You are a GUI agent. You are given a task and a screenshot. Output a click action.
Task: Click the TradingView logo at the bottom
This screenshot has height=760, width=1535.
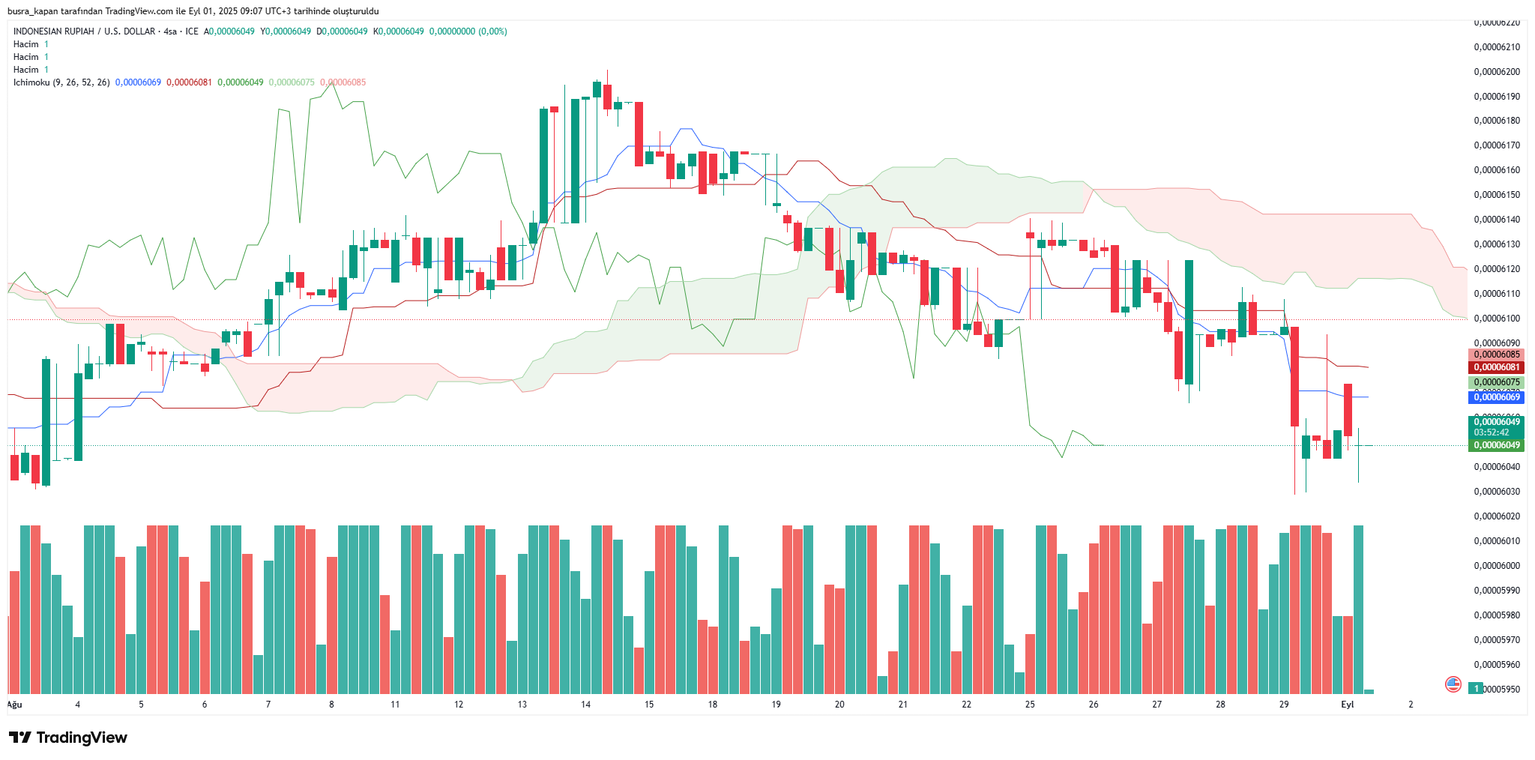point(68,738)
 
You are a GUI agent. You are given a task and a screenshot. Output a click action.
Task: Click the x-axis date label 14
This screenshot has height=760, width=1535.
point(585,705)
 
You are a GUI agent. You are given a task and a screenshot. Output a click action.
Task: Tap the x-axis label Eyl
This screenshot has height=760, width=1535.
point(1347,705)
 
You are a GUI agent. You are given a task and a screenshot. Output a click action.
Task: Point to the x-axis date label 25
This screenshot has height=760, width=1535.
point(1030,705)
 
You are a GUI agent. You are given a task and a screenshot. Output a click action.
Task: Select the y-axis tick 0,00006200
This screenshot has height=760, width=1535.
point(1497,72)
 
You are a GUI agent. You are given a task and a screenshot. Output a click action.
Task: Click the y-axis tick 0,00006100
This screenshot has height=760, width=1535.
point(1497,319)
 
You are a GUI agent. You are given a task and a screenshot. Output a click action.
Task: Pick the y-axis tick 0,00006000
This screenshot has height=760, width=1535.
point(1497,566)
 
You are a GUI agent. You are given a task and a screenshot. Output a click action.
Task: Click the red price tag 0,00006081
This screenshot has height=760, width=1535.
point(1496,367)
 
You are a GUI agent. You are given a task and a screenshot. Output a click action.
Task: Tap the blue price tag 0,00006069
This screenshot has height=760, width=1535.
point(1496,397)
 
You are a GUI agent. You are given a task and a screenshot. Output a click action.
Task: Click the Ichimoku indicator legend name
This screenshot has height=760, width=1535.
point(31,82)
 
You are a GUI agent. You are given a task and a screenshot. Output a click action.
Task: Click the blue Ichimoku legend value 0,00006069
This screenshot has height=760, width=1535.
point(138,82)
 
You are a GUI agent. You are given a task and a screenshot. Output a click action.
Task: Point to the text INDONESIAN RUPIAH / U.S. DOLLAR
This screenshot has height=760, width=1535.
point(84,31)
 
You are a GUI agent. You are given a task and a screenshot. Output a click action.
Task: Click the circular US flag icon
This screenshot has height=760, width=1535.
point(1453,684)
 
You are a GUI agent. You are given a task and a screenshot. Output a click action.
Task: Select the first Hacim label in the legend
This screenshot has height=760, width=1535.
point(25,44)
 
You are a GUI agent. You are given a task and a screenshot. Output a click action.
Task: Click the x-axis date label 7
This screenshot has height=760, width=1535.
point(268,705)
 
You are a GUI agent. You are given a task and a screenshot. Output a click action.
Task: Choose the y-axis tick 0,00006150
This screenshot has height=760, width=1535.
point(1497,195)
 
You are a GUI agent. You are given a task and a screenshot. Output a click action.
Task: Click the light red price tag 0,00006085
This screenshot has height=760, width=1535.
point(1496,355)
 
